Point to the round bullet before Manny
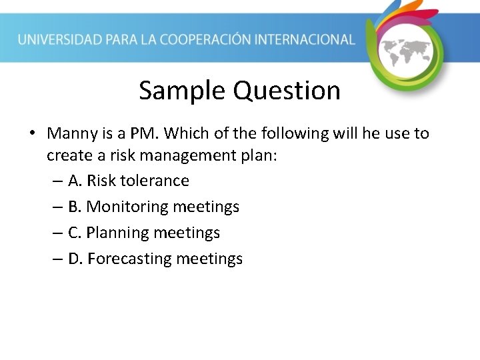coord(32,134)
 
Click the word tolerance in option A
coord(155,181)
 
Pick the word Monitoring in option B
coord(127,207)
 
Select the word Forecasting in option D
coord(129,259)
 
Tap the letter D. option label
coord(75,259)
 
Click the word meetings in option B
coord(206,207)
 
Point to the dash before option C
coord(57,233)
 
